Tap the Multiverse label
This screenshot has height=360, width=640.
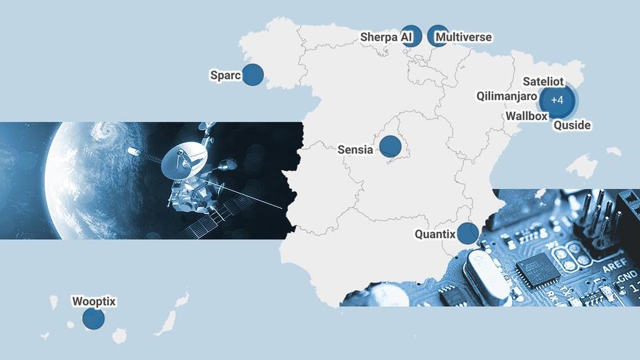tap(463, 37)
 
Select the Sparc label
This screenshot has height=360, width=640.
tap(225, 75)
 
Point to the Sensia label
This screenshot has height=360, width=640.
tap(355, 150)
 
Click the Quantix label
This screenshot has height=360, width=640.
tap(434, 234)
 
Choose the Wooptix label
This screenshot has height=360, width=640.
tap(94, 301)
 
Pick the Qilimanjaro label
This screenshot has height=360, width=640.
tap(506, 96)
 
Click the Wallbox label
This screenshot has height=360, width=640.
tap(527, 116)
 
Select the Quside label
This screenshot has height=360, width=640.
tap(572, 125)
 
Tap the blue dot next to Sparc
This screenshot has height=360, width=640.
tap(252, 75)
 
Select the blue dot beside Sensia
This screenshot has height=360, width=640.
tap(391, 146)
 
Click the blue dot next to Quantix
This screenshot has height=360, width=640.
tap(467, 233)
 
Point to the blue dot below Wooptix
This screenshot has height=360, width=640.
tap(93, 319)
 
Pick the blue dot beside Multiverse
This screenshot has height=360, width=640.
tap(438, 36)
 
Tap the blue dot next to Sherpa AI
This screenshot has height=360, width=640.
tap(412, 36)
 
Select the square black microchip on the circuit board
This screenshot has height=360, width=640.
tap(538, 271)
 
